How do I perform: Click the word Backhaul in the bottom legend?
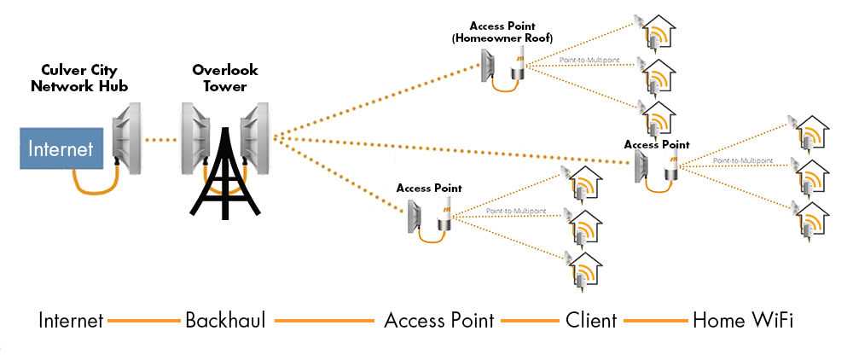pos(225,321)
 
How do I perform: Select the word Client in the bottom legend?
pos(591,321)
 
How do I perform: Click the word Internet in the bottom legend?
pos(71,321)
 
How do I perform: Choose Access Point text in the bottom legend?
pos(438,321)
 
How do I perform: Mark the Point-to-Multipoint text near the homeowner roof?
pos(589,61)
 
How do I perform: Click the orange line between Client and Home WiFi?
pos(655,322)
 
